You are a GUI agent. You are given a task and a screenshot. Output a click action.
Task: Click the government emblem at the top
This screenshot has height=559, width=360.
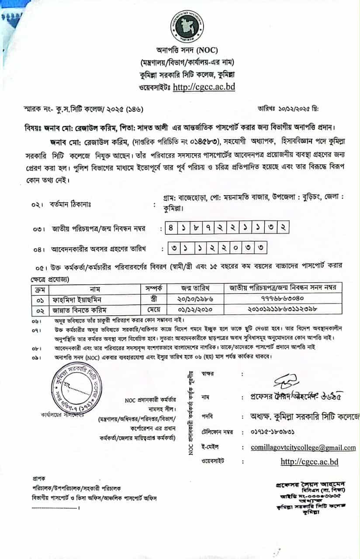pyautogui.click(x=187, y=26)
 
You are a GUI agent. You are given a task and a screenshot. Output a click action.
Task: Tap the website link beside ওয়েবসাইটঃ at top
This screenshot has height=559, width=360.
pyautogui.click(x=204, y=87)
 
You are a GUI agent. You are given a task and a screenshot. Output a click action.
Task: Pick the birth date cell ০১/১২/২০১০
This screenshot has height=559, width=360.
pyautogui.click(x=195, y=310)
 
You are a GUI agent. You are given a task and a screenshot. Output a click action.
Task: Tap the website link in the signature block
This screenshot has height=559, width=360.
pyautogui.click(x=309, y=461)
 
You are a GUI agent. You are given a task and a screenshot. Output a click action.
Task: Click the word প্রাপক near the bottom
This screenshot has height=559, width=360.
pyautogui.click(x=39, y=479)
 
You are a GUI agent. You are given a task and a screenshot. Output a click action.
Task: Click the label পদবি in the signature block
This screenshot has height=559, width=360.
pyautogui.click(x=208, y=416)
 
